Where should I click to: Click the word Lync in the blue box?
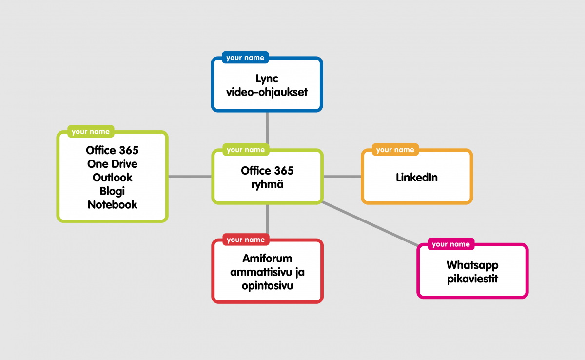click(x=267, y=79)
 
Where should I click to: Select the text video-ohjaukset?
click(x=267, y=92)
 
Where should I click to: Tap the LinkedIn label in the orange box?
click(x=416, y=178)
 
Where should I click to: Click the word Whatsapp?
click(x=472, y=266)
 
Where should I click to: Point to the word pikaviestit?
click(x=472, y=280)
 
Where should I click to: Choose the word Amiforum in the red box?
click(x=267, y=259)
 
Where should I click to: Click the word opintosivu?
click(x=267, y=286)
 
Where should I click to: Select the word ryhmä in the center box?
click(x=267, y=185)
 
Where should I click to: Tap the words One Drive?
click(x=112, y=163)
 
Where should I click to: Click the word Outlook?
click(x=112, y=177)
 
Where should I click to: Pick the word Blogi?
click(x=112, y=191)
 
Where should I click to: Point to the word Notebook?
click(x=112, y=205)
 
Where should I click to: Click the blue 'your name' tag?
click(x=245, y=58)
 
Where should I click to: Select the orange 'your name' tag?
click(x=395, y=150)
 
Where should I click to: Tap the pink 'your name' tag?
click(x=450, y=244)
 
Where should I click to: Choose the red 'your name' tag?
click(x=245, y=240)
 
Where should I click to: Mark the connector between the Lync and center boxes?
click(x=267, y=129)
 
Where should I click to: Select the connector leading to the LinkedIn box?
click(x=342, y=177)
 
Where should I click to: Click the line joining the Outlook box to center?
click(x=190, y=177)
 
